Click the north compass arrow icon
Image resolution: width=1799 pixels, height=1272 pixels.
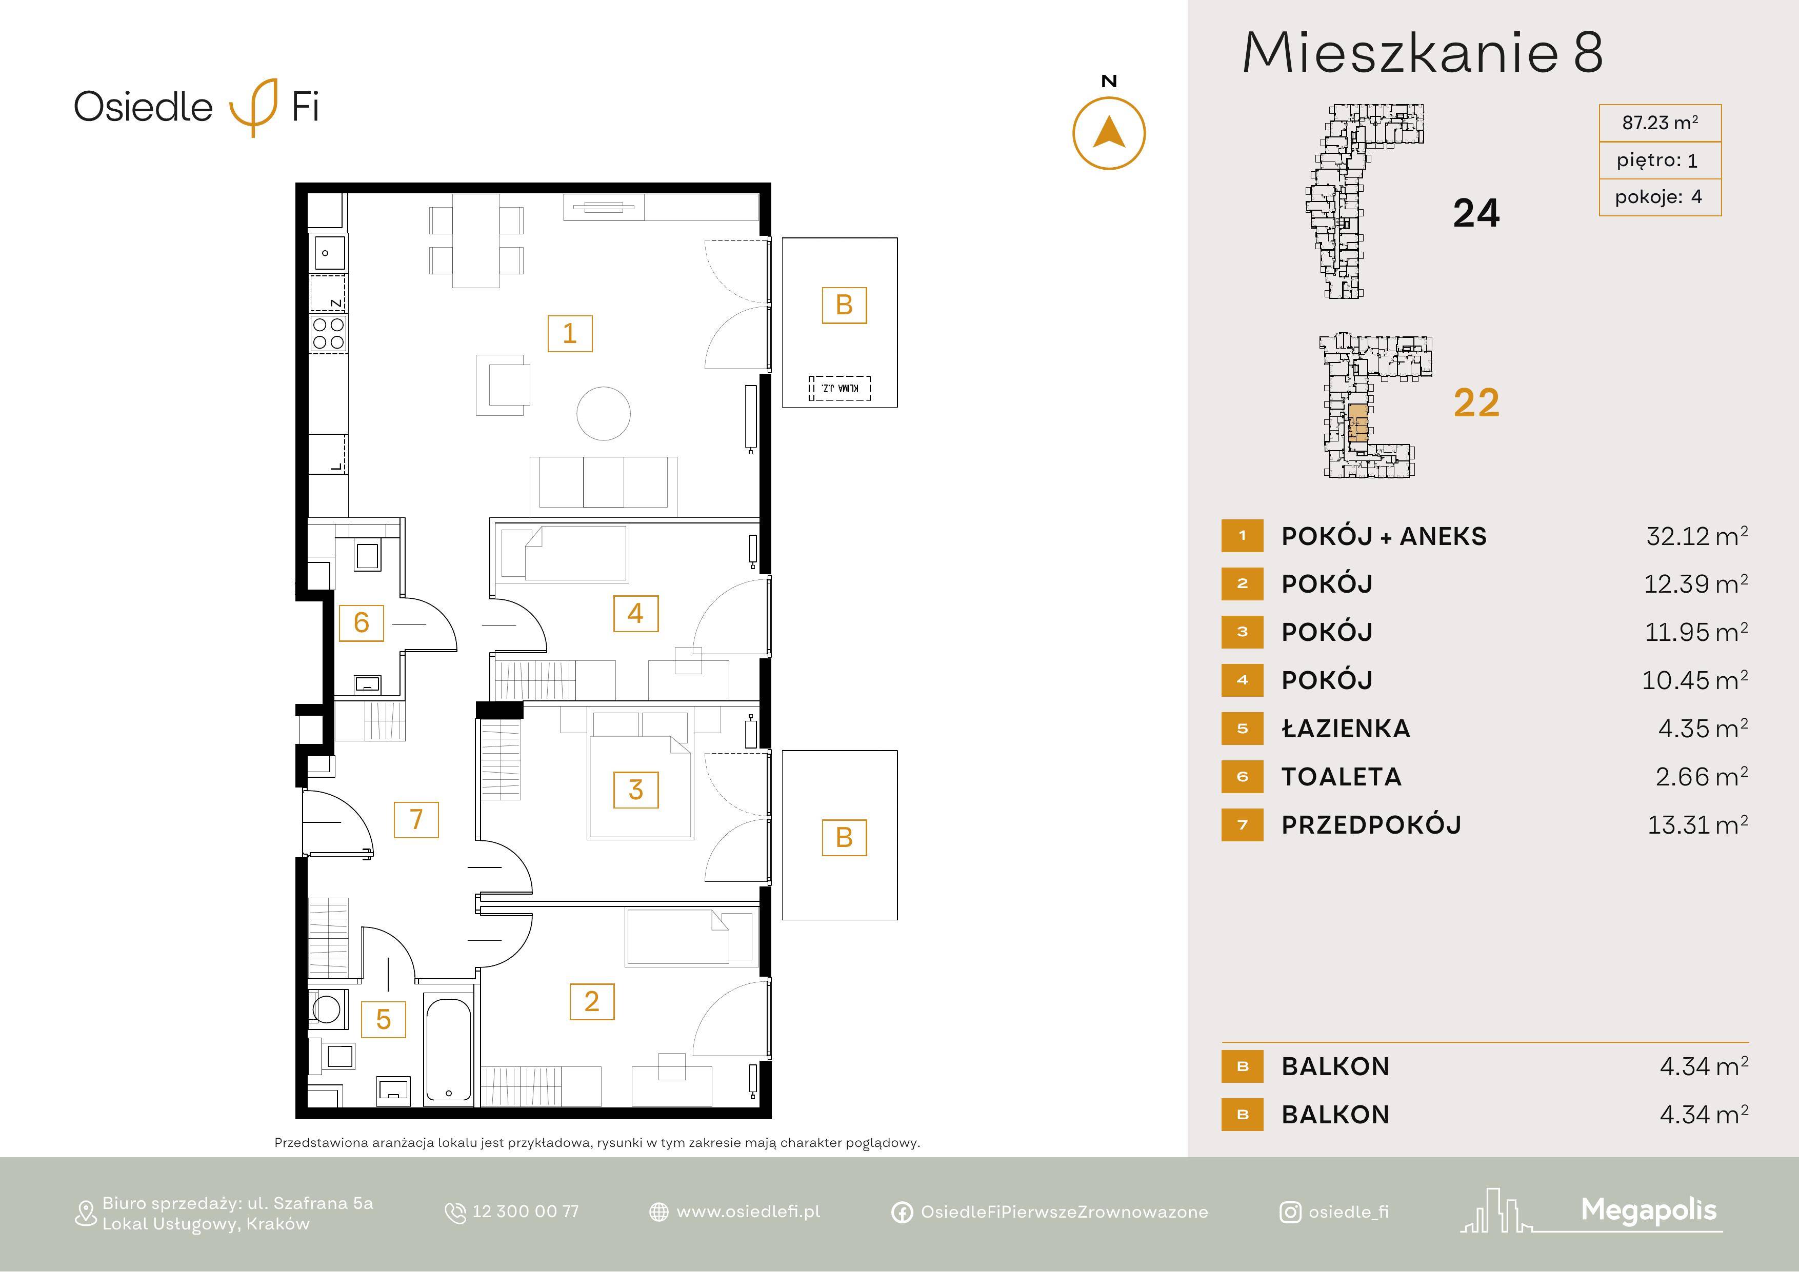click(1109, 133)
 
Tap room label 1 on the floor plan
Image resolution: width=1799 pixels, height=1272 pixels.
click(570, 334)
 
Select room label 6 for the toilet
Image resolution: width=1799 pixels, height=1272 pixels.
click(361, 623)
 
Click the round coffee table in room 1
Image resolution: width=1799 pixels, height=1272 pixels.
click(603, 414)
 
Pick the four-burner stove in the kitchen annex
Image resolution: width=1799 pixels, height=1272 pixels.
click(328, 333)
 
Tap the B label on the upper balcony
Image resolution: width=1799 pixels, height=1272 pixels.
click(844, 305)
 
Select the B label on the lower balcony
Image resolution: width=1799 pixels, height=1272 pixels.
click(844, 837)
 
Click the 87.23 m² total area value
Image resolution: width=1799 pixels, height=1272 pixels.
click(1660, 123)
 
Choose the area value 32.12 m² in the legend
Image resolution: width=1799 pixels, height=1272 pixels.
click(1696, 536)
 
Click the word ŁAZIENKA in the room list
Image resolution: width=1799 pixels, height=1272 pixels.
click(1345, 729)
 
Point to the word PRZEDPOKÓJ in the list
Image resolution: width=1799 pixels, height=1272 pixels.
click(1371, 825)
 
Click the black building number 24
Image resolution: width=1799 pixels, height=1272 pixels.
click(1476, 213)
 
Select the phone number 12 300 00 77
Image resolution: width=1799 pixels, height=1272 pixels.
click(525, 1212)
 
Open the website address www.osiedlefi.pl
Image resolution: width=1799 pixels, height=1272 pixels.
click(748, 1212)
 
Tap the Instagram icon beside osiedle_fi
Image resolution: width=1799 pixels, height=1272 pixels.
click(1290, 1213)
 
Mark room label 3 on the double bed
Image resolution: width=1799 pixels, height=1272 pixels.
click(635, 790)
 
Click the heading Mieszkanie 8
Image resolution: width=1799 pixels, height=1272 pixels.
click(1423, 53)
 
